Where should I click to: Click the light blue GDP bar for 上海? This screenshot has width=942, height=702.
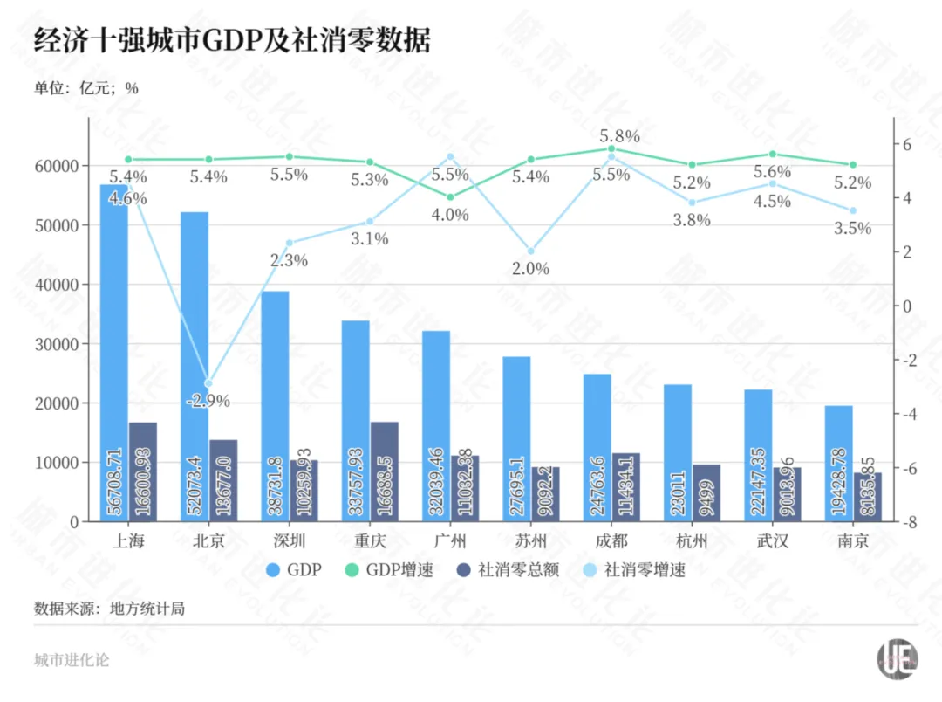click(x=114, y=349)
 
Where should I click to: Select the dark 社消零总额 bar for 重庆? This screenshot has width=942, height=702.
click(x=384, y=471)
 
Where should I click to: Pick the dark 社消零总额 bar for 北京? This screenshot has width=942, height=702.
click(x=223, y=480)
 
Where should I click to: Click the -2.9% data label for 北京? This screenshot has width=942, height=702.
click(x=208, y=402)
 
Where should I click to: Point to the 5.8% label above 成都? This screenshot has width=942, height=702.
click(x=619, y=136)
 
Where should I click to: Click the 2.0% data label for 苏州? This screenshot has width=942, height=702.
click(x=529, y=269)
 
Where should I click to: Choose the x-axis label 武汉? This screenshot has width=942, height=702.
click(x=772, y=541)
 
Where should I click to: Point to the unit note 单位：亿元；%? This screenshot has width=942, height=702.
click(x=86, y=87)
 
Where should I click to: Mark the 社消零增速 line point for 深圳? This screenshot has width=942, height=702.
click(x=289, y=243)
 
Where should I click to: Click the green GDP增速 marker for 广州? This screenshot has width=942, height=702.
click(x=450, y=196)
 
